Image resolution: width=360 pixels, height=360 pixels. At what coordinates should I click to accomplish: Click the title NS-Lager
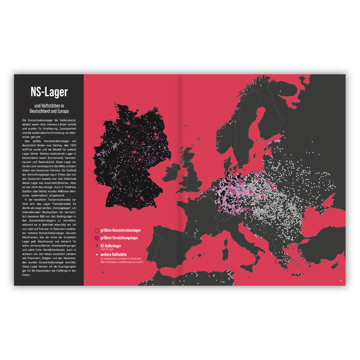tap(49, 93)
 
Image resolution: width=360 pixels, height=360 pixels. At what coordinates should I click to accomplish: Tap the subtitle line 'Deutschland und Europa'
tap(49, 111)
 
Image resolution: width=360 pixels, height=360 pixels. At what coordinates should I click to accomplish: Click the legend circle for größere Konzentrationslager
tap(97, 230)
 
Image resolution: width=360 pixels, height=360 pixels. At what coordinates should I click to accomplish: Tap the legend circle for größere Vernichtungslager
tap(97, 238)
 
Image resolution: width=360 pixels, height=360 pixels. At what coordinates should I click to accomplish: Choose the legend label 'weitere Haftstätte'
tap(114, 254)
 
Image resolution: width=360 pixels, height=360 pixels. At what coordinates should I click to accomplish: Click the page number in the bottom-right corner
tap(341, 281)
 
